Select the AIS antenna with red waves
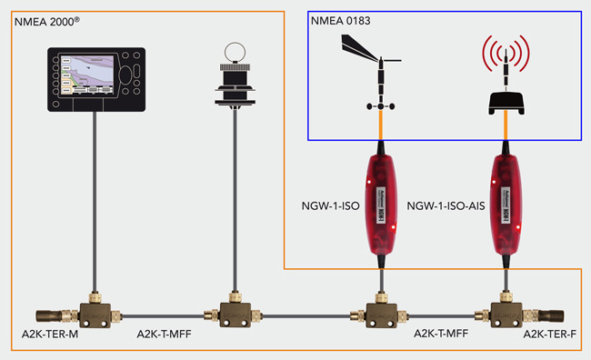(x=505, y=77)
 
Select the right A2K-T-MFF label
(x=440, y=335)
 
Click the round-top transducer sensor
(x=235, y=76)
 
